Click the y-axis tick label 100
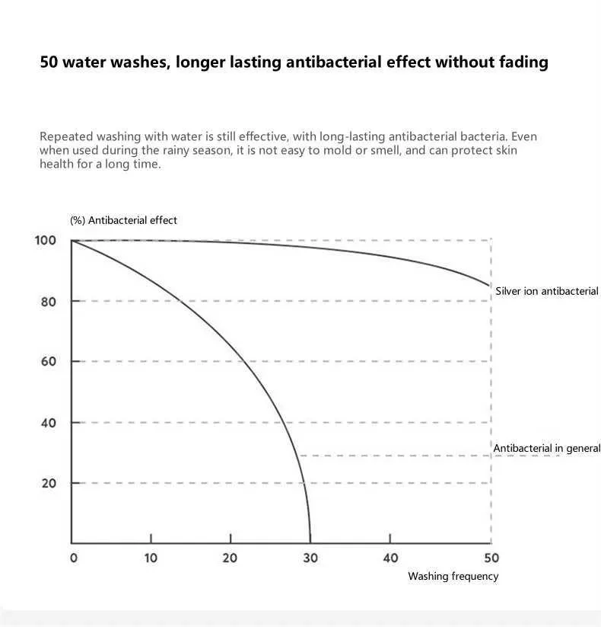tap(46, 241)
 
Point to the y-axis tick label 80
tap(49, 301)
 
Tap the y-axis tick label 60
tap(49, 361)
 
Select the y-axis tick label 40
tap(49, 422)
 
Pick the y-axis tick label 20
tap(49, 483)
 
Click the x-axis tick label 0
tap(73, 558)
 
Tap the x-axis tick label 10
tap(151, 558)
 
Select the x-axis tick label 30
tap(310, 558)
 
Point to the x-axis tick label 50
tap(491, 558)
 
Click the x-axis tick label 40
tap(390, 558)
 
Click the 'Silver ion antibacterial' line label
tap(547, 291)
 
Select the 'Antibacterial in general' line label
tap(547, 448)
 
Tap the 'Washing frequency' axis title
tap(453, 576)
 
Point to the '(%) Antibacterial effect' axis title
tap(123, 220)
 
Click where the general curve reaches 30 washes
tap(310, 541)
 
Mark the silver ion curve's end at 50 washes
tap(490, 286)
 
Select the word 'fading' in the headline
tap(522, 62)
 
